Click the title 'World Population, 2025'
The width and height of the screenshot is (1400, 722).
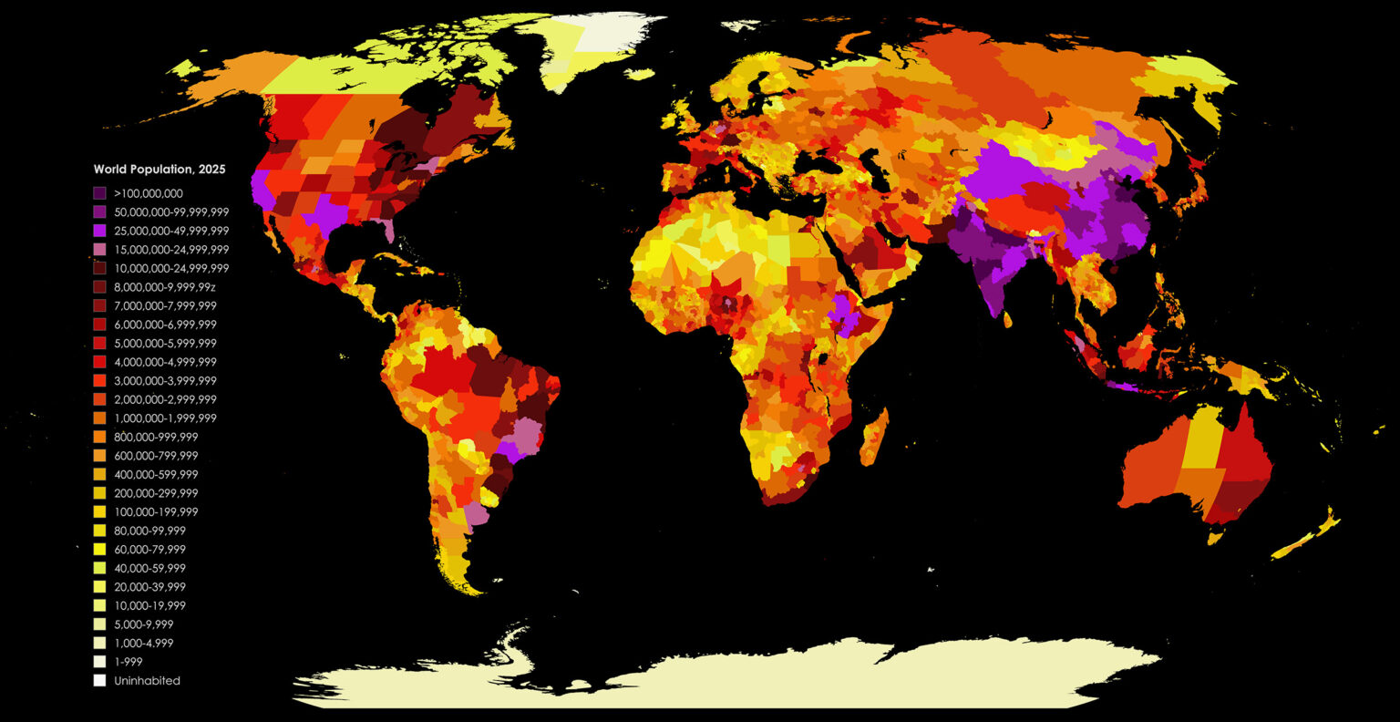tap(160, 170)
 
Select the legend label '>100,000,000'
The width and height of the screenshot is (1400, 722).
tap(149, 193)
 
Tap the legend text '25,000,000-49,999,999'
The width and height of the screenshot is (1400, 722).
tap(171, 231)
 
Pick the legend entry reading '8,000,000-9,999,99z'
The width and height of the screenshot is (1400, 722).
tap(165, 287)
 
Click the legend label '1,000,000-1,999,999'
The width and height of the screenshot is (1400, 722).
tap(165, 418)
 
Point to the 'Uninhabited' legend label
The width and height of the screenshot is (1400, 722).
tap(147, 681)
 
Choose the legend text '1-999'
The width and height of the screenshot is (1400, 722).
tap(129, 662)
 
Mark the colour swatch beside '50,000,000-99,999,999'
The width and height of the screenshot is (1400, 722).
tap(99, 212)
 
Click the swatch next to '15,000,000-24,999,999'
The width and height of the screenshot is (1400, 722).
tap(99, 250)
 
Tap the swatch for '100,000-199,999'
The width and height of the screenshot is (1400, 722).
tap(99, 512)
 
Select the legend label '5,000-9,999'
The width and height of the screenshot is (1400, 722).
tap(143, 624)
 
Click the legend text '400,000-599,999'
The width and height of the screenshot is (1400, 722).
tap(156, 475)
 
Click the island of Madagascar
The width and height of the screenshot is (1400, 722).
tap(874, 437)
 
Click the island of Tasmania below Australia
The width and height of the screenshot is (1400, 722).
tap(1214, 538)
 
